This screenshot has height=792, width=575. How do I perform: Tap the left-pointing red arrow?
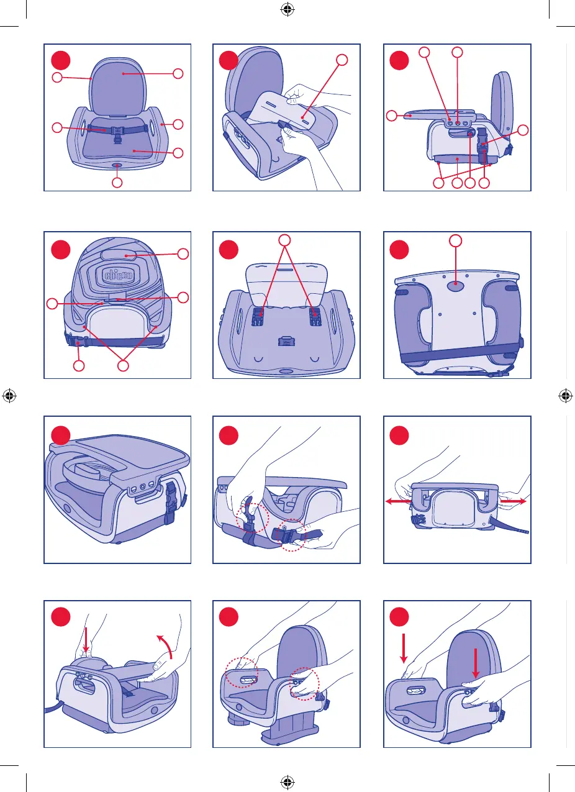(x=398, y=501)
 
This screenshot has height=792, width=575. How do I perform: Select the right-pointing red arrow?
(x=513, y=501)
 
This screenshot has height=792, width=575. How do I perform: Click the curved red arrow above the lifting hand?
(x=165, y=646)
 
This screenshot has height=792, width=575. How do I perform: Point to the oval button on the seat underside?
(x=456, y=286)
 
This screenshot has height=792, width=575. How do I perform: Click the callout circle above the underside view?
(x=456, y=240)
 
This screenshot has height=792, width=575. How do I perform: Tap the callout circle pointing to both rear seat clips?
(x=284, y=240)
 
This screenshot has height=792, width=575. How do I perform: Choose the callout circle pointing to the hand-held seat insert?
(x=342, y=60)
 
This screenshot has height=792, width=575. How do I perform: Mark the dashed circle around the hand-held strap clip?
(x=292, y=535)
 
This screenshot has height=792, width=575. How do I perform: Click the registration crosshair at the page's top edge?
(x=287, y=9)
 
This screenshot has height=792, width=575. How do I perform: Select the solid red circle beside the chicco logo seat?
(x=61, y=250)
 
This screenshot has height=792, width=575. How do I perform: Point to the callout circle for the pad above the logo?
(x=183, y=254)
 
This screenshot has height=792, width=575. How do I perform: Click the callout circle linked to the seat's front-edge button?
(x=117, y=183)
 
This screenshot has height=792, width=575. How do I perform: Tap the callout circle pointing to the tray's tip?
(x=392, y=116)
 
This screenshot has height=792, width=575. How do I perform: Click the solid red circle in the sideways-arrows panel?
(x=399, y=435)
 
